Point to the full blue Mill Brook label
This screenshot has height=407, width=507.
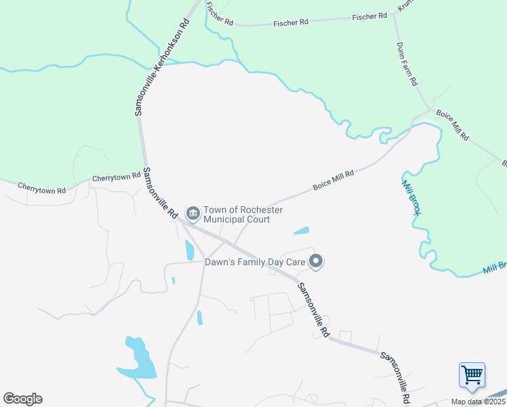pos(411,197)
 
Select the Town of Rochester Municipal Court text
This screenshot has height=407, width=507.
pos(237,215)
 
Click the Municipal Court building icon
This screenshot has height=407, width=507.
pos(192,214)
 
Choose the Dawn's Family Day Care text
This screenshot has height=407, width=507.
pos(256,261)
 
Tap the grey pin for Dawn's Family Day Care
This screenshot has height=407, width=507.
pos(316,260)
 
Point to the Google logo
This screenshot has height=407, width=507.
pos(22,399)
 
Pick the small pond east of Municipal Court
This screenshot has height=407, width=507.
pos(302,231)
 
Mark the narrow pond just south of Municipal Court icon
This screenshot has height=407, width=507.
pos(189,250)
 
